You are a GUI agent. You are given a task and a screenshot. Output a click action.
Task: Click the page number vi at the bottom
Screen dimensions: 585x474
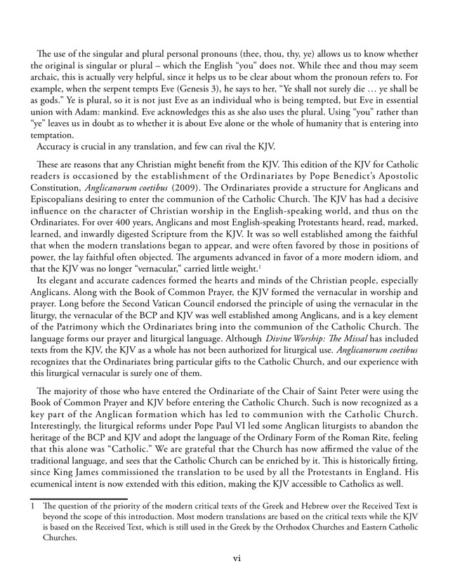[237, 558]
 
